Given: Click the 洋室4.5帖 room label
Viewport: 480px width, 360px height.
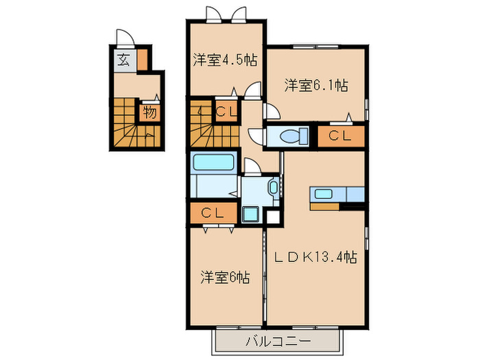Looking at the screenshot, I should (x=225, y=60).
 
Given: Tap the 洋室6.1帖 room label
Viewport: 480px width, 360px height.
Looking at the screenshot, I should (x=316, y=86).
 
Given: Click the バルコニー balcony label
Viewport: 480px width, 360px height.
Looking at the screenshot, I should (x=278, y=341).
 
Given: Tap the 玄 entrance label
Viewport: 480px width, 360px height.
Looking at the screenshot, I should (x=123, y=60).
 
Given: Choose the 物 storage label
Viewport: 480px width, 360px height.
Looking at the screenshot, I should (x=149, y=112).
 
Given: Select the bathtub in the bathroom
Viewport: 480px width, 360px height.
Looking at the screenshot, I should (x=215, y=164).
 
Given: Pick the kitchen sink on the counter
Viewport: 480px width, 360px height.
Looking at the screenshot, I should (x=322, y=193).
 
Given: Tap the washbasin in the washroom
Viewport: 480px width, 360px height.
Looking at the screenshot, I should (x=274, y=187).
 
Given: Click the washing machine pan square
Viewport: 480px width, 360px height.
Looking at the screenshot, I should (x=251, y=215).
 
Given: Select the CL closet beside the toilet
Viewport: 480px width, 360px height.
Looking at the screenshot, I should (x=340, y=136).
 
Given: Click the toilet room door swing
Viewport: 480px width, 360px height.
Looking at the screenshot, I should (x=271, y=114).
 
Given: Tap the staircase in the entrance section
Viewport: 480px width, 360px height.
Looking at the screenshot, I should (x=128, y=121).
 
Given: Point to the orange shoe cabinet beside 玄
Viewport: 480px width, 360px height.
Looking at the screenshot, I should (x=141, y=60).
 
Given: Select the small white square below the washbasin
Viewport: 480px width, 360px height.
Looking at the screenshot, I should (x=273, y=217).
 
